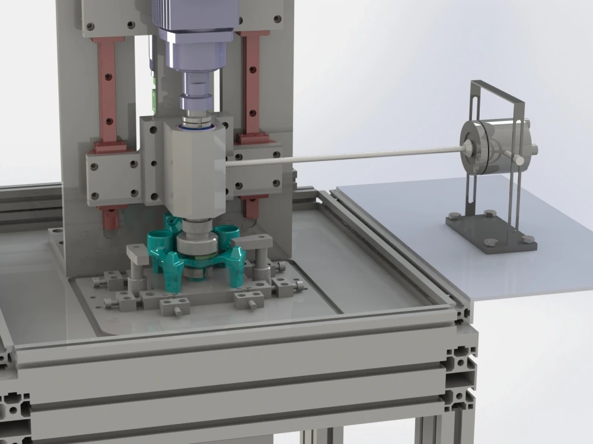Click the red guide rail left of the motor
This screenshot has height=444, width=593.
[108, 89]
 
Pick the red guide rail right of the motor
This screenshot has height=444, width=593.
[252, 83]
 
